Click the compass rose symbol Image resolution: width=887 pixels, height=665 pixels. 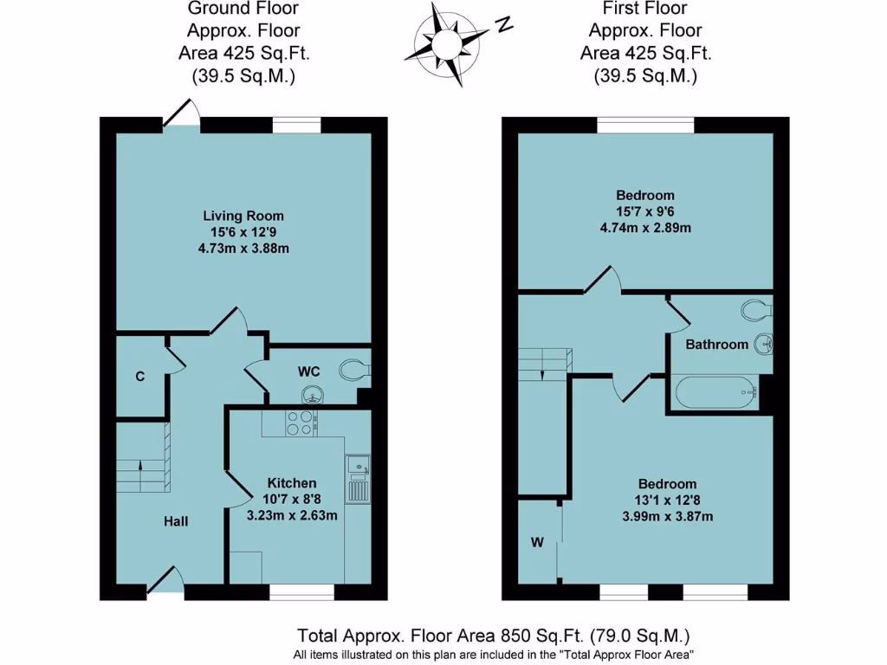click(448, 41)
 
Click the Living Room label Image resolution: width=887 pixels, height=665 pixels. click(243, 216)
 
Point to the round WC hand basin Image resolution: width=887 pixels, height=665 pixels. click(311, 396)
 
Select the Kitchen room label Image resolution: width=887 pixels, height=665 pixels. click(291, 482)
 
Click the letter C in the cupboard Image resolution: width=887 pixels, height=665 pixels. click(139, 377)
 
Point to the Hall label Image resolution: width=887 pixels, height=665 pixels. click(176, 521)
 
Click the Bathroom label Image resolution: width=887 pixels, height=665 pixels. click(716, 345)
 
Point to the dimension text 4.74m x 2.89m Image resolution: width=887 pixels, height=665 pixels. click(644, 228)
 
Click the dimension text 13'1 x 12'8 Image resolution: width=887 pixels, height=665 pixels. click(667, 500)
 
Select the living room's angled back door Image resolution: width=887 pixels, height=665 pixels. click(181, 113)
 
